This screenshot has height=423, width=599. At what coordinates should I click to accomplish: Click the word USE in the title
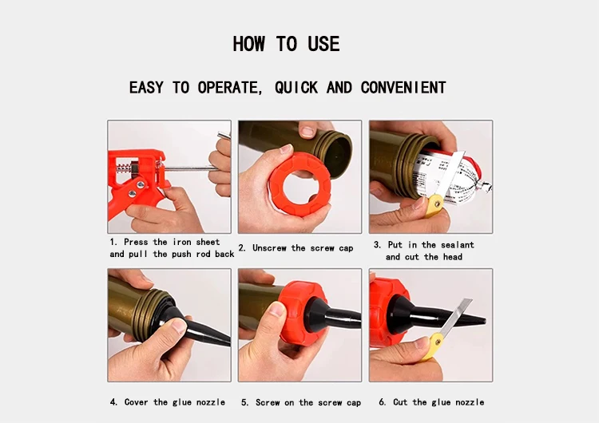[x=323, y=44]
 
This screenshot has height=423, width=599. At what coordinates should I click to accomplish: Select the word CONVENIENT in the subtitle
[x=403, y=88]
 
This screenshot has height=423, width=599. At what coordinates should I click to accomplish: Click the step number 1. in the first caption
[x=113, y=242]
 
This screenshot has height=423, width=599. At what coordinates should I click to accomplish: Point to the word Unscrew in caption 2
[x=269, y=248]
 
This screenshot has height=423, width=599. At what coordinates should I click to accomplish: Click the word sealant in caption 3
[x=458, y=245]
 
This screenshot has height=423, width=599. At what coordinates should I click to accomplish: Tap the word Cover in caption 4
[x=136, y=402]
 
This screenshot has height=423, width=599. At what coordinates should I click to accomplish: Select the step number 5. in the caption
[x=245, y=402]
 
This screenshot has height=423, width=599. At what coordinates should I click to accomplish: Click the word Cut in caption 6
[x=400, y=402]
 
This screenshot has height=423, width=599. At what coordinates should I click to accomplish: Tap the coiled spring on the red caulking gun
[x=123, y=168]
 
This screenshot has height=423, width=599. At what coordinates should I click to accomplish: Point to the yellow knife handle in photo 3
[x=434, y=206]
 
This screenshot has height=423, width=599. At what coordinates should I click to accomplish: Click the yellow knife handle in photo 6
[x=432, y=346]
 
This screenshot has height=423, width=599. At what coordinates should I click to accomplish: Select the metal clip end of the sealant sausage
[x=485, y=188]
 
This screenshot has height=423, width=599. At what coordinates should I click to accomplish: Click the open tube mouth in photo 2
[x=337, y=155]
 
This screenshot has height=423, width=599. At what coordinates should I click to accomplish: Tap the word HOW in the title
[x=248, y=44]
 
